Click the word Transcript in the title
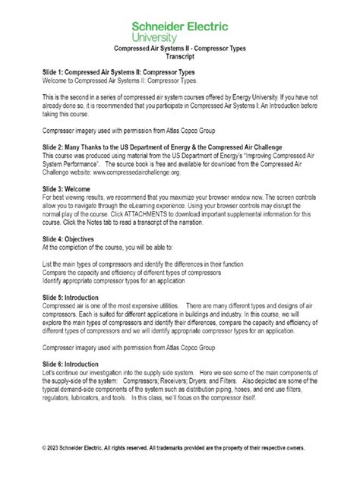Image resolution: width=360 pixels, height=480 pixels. (180, 56)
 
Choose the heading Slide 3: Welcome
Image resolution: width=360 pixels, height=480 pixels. (74, 189)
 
